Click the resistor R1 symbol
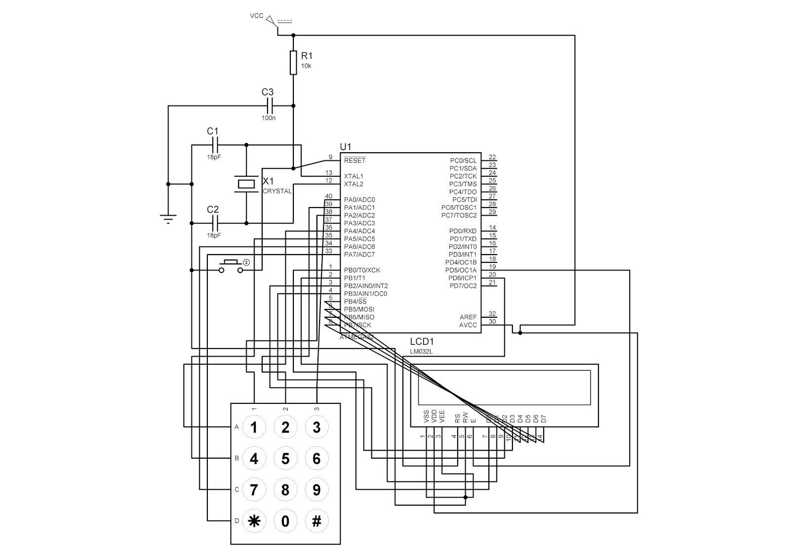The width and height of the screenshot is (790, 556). pyautogui.click(x=293, y=62)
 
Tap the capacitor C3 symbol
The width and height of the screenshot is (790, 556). pyautogui.click(x=270, y=105)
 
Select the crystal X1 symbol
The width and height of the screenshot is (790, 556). pyautogui.click(x=246, y=184)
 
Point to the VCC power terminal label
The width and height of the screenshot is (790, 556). pyautogui.click(x=256, y=16)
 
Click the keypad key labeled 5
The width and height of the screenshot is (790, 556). pyautogui.click(x=285, y=459)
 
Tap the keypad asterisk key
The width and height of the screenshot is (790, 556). pyautogui.click(x=254, y=521)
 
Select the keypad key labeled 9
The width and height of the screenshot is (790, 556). pyautogui.click(x=316, y=490)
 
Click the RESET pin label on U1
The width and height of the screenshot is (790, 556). pyautogui.click(x=355, y=161)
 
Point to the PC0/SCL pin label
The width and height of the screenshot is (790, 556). pyautogui.click(x=463, y=161)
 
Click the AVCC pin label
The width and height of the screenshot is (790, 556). pyautogui.click(x=468, y=325)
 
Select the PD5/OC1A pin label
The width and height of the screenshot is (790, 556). pyautogui.click(x=461, y=270)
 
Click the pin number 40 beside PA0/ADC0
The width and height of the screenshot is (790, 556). pyautogui.click(x=329, y=197)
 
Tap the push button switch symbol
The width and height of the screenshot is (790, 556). pyautogui.click(x=231, y=266)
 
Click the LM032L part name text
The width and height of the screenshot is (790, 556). pyautogui.click(x=421, y=351)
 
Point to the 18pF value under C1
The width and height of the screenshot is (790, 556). pyautogui.click(x=214, y=157)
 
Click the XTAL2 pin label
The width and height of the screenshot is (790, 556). pyautogui.click(x=354, y=184)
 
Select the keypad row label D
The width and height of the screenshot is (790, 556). pyautogui.click(x=237, y=521)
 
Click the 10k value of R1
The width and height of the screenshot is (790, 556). pyautogui.click(x=306, y=66)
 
